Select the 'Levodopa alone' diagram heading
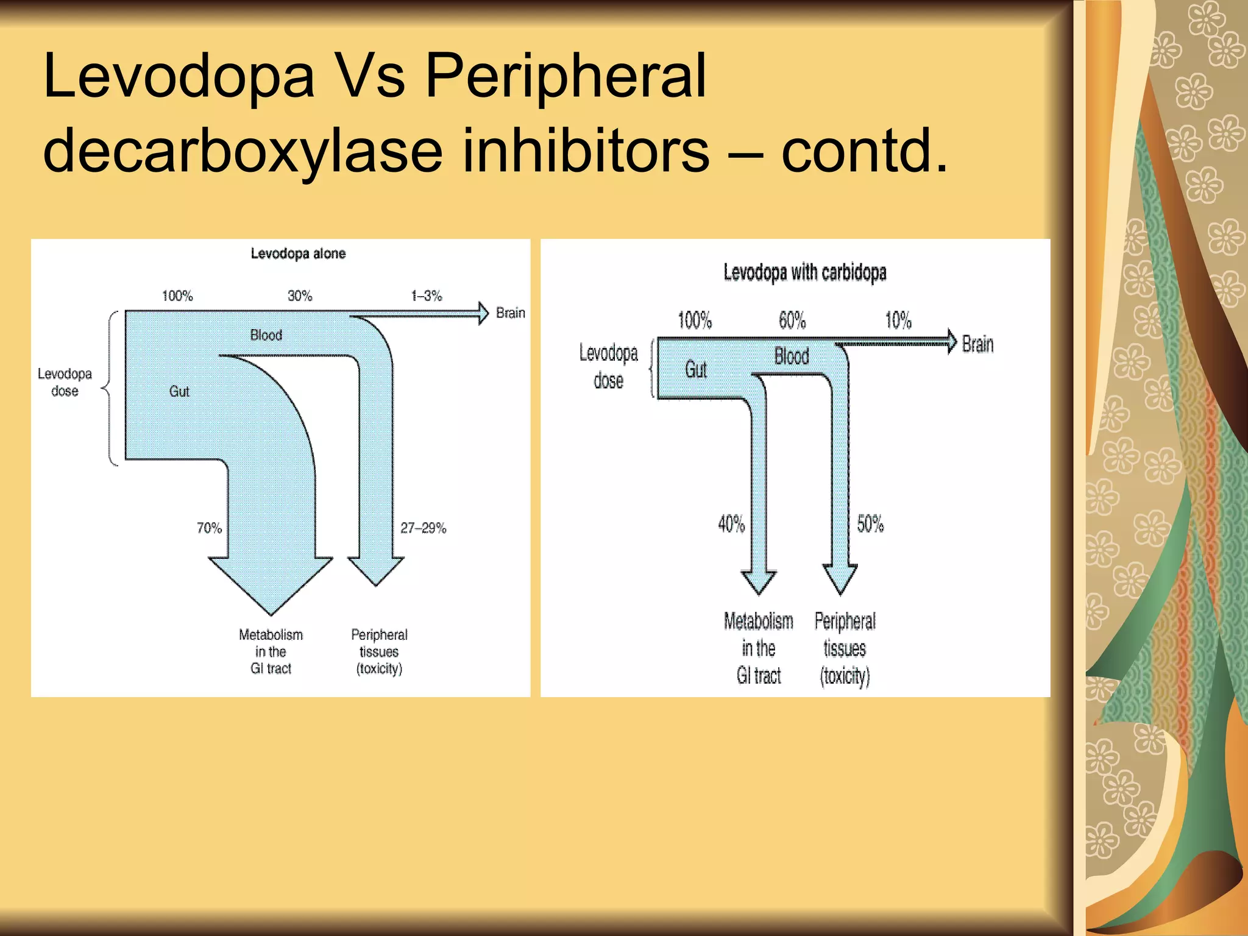[298, 253]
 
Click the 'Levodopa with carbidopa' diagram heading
[804, 272]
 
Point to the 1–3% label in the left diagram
[427, 296]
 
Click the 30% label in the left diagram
[300, 296]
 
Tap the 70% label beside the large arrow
[209, 528]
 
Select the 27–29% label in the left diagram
[423, 528]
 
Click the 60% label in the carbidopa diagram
[792, 320]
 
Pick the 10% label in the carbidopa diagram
[898, 320]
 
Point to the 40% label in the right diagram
[731, 523]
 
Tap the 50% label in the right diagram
[870, 523]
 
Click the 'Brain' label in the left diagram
[510, 313]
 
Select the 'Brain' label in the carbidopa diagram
[977, 344]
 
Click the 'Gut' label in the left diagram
[179, 391]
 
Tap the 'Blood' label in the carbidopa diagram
[792, 356]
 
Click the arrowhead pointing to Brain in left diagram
[483, 313]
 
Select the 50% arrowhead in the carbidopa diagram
[840, 579]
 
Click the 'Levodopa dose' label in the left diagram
[65, 382]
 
